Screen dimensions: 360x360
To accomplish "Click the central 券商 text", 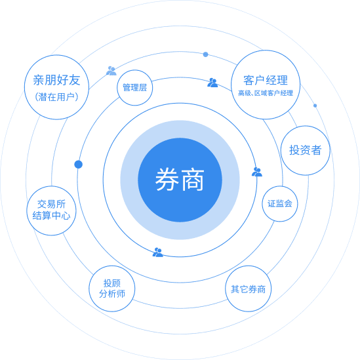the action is coord(180,180).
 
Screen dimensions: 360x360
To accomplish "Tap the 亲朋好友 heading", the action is coord(56,80).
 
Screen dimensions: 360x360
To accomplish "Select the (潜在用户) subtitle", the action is coord(56,97).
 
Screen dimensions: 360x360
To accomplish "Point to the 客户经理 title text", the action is coord(266,81).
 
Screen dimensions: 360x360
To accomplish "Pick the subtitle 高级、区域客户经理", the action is coord(266,93).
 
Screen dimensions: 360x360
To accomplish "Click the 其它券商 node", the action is coord(248,289).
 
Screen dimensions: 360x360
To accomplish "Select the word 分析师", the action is coord(112,294).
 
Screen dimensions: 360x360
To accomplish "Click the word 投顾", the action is coord(112,283).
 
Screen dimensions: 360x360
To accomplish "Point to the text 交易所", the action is coord(51,204).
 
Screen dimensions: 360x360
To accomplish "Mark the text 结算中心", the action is coord(51,216).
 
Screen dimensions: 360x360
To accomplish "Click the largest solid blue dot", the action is coord(78,165).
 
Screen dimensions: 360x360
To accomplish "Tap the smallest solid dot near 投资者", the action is coord(315,106).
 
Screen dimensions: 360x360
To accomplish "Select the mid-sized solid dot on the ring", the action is coord(205,54).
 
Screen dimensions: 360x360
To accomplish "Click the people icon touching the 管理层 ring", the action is coord(111,71).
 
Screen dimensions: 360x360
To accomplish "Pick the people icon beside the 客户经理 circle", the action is coord(212,83).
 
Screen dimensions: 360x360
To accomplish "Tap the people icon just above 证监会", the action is coord(257,172).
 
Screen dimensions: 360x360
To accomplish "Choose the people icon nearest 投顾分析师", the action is coord(158,252).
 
